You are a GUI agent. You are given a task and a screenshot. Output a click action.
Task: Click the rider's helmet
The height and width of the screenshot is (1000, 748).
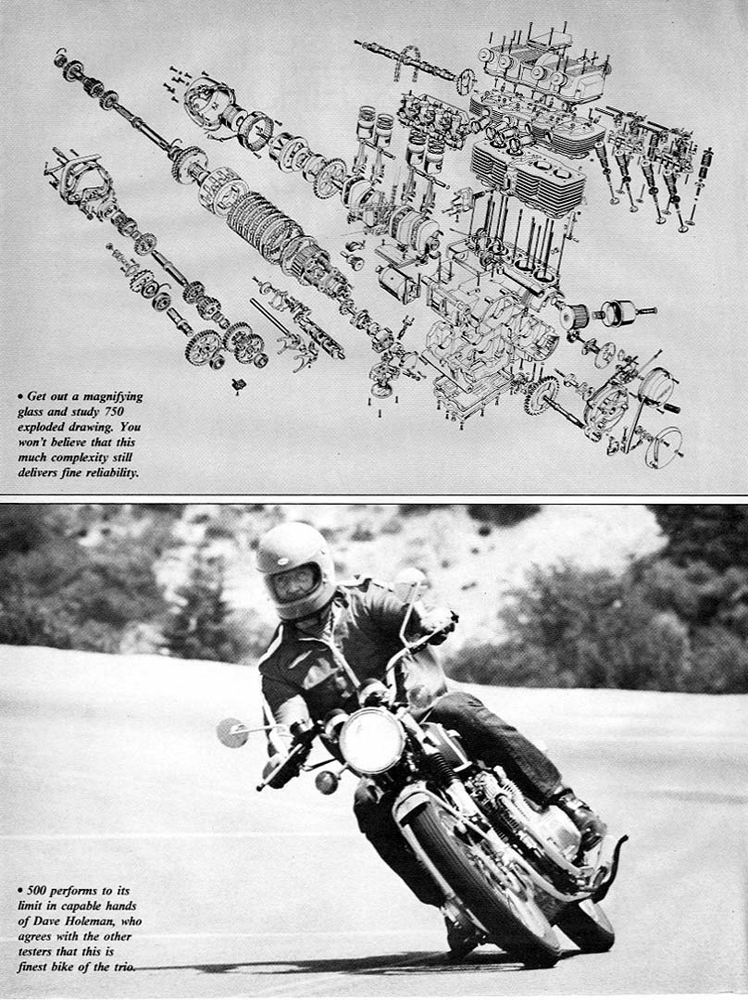(296, 570)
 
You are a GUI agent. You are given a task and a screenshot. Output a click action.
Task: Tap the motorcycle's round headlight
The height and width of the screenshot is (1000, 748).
(372, 740)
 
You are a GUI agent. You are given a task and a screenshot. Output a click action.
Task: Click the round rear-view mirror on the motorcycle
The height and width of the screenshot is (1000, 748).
(232, 732)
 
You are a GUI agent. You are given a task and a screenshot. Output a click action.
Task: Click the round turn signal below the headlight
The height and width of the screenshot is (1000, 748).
(327, 781)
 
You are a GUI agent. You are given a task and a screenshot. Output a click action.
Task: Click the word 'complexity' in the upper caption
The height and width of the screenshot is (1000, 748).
(79, 458)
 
